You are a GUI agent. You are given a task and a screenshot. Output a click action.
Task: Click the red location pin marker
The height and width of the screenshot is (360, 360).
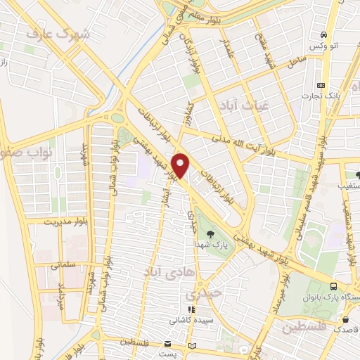(x=182, y=166)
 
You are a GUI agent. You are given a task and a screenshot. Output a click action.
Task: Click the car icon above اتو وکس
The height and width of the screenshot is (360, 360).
(x=323, y=34)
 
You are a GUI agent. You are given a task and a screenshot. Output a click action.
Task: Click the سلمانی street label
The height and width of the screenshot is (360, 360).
(x=62, y=266)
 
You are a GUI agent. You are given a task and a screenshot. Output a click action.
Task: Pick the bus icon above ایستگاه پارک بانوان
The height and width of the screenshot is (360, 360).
(x=333, y=285)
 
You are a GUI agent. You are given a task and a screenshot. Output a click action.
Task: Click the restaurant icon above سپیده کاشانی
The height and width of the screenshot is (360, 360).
(x=188, y=309)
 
